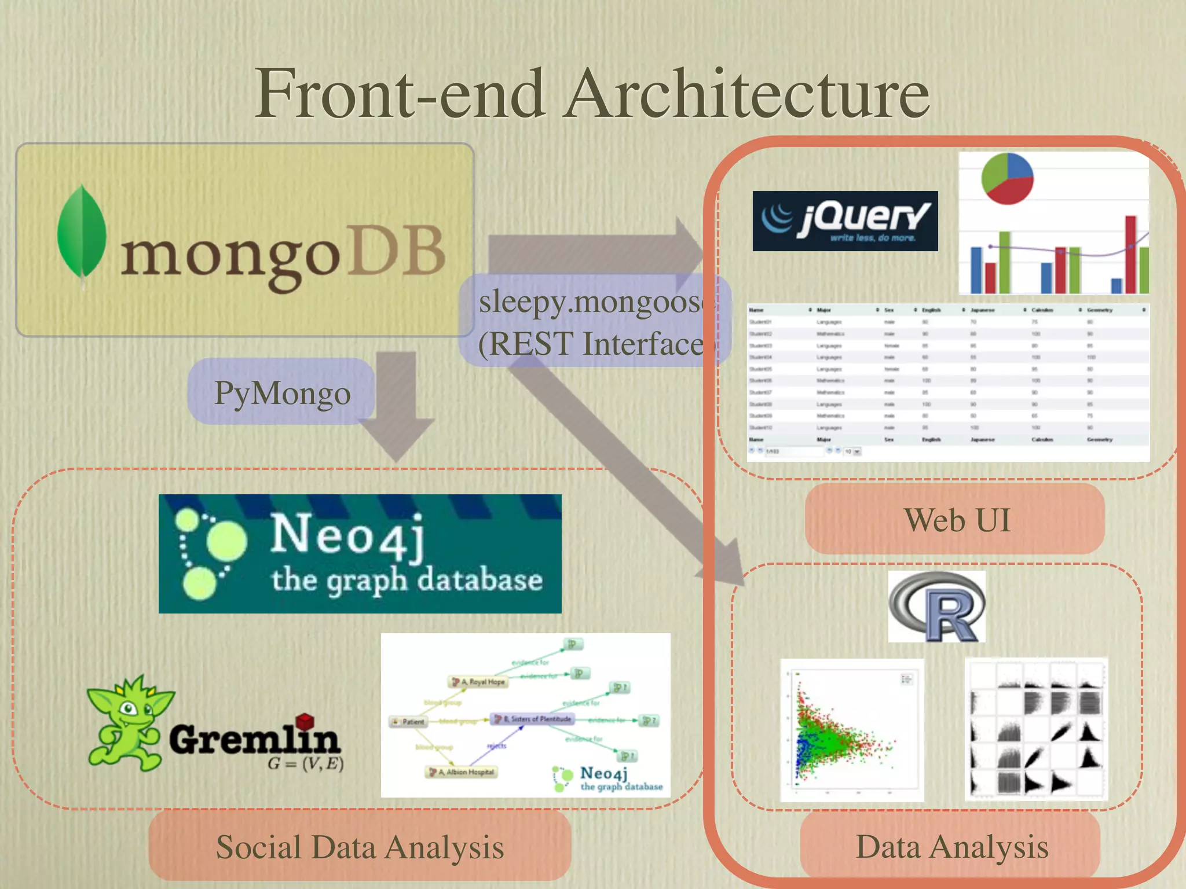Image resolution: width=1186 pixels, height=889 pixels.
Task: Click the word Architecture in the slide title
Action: point(747,94)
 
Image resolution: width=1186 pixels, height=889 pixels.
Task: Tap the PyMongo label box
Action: point(282,393)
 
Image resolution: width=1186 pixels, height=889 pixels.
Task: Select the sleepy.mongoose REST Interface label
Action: point(594,322)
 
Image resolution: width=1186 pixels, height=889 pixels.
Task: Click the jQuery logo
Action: point(845,221)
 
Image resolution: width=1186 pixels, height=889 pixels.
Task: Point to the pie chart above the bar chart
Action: point(1007,178)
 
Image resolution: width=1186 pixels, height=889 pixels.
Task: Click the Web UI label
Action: point(956,520)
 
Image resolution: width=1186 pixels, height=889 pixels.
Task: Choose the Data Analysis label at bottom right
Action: point(951,847)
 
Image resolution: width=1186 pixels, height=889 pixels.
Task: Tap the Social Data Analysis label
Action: point(360,847)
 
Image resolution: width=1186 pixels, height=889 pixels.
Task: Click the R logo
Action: point(936,607)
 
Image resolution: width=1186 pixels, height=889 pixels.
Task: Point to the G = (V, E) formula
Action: point(305,764)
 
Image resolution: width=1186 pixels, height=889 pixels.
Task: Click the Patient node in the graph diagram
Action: point(409,722)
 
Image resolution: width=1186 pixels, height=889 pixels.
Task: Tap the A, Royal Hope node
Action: point(479,682)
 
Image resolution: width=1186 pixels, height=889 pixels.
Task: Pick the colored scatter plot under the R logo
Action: point(852,730)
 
